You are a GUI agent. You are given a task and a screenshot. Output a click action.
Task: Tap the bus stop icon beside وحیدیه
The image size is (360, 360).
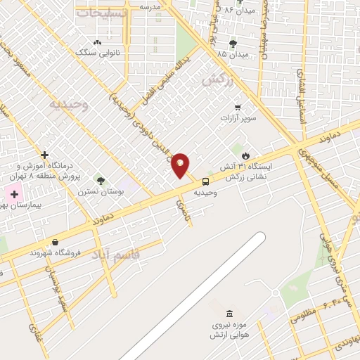tap(205, 181)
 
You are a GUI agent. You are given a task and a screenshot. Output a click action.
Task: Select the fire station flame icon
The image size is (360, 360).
tap(245, 155)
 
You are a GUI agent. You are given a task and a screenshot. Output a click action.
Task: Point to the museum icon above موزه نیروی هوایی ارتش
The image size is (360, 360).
tap(229, 314)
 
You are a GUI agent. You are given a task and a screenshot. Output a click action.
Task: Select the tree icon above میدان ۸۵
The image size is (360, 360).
tap(233, 44)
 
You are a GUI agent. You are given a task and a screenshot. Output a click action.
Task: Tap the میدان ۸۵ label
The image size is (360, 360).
tap(231, 54)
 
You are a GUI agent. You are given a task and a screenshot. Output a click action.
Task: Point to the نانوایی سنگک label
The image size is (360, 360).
tap(96, 52)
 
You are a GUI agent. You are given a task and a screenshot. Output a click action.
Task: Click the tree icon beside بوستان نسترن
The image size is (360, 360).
tap(101, 181)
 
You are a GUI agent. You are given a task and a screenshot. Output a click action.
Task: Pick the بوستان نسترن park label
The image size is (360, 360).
tap(96, 191)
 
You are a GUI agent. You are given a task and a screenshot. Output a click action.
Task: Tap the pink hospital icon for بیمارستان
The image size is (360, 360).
tap(13, 193)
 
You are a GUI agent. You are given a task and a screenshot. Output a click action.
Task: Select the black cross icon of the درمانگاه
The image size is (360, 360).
tap(44, 154)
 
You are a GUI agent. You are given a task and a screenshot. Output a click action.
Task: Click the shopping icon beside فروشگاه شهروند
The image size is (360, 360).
tap(34, 252)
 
